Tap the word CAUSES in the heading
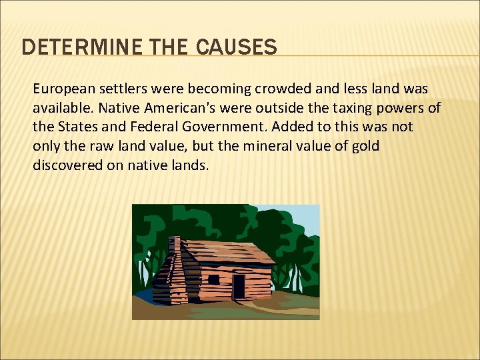(x=237, y=47)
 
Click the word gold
(x=366, y=146)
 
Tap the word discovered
(x=67, y=165)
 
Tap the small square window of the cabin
(x=214, y=279)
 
